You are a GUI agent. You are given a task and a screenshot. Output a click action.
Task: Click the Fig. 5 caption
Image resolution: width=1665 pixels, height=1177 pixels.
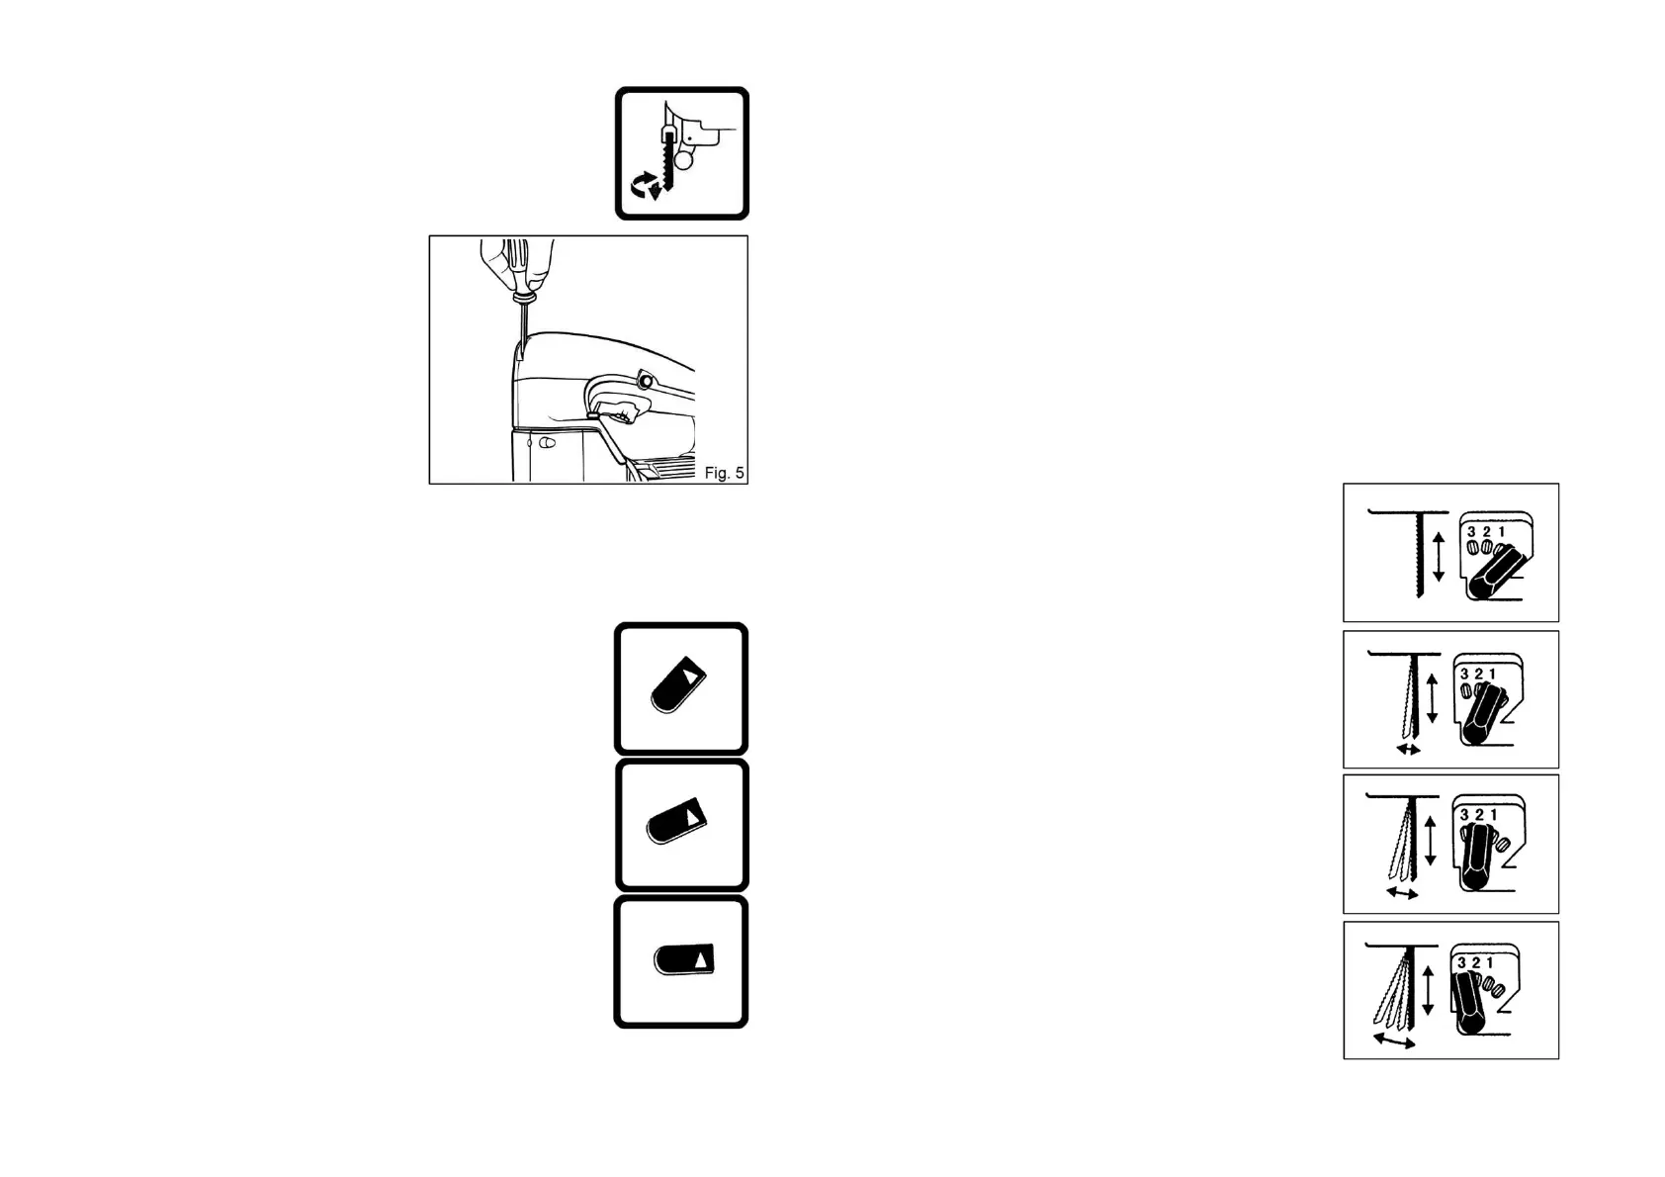724,473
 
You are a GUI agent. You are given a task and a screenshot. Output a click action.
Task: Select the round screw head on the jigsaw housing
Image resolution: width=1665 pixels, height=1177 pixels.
646,380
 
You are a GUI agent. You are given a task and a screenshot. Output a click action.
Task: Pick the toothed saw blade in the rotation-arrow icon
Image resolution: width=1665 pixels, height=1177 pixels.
670,163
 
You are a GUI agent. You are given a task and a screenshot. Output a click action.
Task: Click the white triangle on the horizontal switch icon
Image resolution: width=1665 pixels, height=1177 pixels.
701,958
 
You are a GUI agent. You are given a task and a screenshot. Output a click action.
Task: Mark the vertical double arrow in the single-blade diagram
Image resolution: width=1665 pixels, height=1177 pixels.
1439,555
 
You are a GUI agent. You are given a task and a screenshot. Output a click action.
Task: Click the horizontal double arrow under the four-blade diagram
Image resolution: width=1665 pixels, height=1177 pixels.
1394,1041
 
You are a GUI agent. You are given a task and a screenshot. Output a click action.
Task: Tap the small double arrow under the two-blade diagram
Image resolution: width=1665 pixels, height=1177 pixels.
1408,750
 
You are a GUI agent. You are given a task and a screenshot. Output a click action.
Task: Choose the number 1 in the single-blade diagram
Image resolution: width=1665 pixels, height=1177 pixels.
1502,532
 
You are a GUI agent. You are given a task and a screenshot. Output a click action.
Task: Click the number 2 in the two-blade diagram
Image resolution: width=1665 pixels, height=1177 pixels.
1478,675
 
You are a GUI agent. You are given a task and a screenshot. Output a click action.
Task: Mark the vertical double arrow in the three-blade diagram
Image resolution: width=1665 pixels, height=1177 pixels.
1430,841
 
